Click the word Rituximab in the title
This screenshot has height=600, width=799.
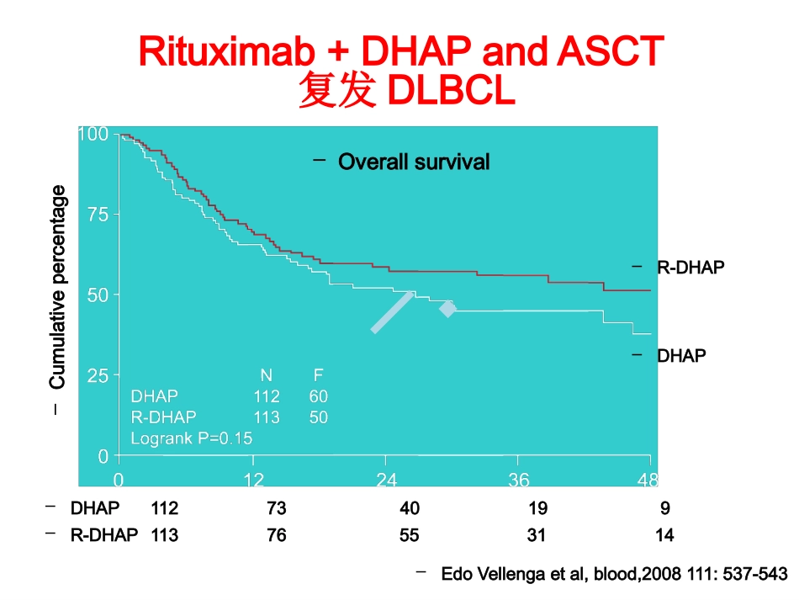point(227,51)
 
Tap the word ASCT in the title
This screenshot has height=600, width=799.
point(611,51)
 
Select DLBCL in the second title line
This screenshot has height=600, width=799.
point(451,91)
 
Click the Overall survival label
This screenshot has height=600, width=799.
point(414,162)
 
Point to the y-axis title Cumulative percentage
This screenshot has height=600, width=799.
point(57,286)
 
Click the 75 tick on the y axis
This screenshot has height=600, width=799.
point(98,215)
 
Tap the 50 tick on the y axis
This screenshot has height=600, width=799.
point(98,295)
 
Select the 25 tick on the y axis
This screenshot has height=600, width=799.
point(98,376)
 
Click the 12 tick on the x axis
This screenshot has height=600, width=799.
point(253,480)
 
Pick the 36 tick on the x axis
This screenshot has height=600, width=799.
point(519,480)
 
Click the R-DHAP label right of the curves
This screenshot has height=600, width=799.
point(691,267)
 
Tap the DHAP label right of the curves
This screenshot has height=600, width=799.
point(681,355)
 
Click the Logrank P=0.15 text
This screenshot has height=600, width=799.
point(192,438)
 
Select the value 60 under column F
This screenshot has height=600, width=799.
point(319,396)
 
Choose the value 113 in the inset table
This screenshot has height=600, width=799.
point(267,417)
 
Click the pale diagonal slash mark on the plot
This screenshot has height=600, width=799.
point(393,312)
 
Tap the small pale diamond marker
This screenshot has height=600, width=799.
point(448,309)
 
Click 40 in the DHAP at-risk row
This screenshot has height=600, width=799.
point(410,507)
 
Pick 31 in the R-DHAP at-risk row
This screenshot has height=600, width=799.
point(536,534)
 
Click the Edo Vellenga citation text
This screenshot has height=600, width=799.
point(615,573)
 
